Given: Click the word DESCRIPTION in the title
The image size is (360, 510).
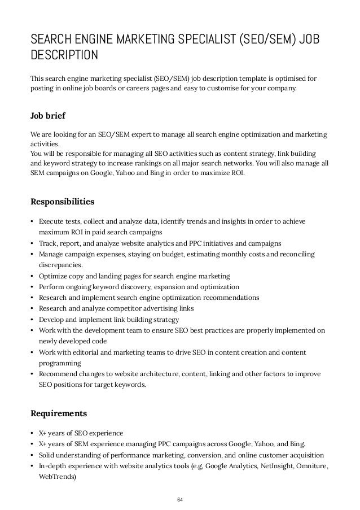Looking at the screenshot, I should click(64, 55).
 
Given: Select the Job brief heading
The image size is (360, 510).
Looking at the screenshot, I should click(47, 116).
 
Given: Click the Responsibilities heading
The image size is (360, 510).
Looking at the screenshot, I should click(62, 201).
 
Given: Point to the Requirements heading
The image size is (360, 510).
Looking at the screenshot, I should click(58, 412).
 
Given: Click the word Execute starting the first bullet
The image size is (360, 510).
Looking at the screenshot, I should click(51, 221).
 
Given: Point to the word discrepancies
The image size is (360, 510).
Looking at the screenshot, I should click(60, 265).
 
